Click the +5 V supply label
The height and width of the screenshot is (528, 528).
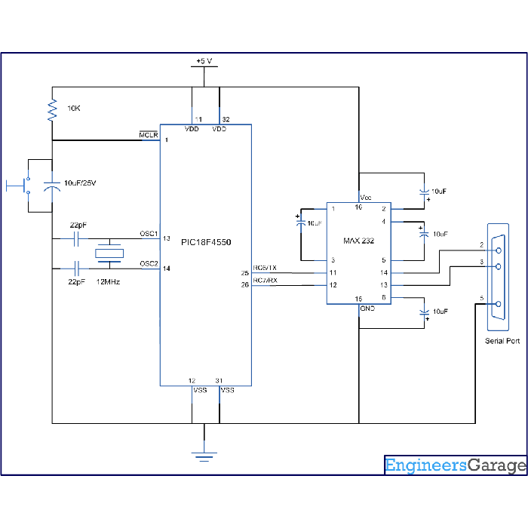(x=204, y=61)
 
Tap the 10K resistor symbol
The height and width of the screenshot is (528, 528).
(x=52, y=110)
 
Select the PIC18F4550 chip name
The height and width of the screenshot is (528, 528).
(x=206, y=242)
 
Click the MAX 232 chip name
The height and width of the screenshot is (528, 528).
(x=358, y=241)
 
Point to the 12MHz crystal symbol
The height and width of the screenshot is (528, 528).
(x=109, y=253)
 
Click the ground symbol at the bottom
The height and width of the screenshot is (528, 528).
(x=204, y=457)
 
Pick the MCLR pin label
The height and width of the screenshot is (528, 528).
(x=149, y=135)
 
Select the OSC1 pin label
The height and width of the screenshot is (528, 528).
(x=149, y=233)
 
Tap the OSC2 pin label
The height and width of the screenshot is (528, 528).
(x=149, y=263)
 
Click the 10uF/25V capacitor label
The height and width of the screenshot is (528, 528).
(x=80, y=183)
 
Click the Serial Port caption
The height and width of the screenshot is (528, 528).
(x=502, y=341)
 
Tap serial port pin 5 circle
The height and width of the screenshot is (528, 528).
(x=499, y=304)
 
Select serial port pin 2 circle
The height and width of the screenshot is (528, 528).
(x=499, y=250)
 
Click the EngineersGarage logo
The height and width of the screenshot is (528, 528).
(x=456, y=465)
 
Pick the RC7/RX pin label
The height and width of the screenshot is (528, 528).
(x=265, y=280)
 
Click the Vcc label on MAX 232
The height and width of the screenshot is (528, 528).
(x=366, y=198)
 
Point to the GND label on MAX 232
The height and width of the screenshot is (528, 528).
(x=367, y=309)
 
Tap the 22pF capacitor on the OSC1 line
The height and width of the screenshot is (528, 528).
(x=76, y=239)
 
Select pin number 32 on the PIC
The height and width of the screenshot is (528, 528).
(x=226, y=119)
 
